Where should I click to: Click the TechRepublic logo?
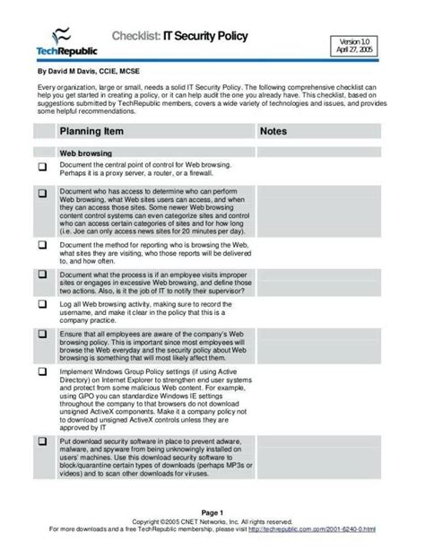point(65,42)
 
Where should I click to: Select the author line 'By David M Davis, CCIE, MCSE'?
point(89,69)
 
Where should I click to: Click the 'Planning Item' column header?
point(91,132)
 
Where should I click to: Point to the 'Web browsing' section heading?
point(86,153)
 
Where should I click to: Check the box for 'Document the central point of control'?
point(42,168)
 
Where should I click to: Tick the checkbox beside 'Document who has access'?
point(42,194)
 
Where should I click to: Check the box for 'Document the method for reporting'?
point(42,245)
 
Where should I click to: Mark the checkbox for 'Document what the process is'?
point(42,275)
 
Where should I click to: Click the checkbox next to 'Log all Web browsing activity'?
point(42,305)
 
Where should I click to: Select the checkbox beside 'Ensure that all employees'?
point(42,335)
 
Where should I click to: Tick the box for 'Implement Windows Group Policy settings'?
point(42,373)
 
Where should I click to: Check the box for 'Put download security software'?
point(42,443)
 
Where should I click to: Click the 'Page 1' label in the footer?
point(212,511)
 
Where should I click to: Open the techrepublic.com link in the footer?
point(324,528)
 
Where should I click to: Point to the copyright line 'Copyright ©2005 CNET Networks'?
point(212,520)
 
